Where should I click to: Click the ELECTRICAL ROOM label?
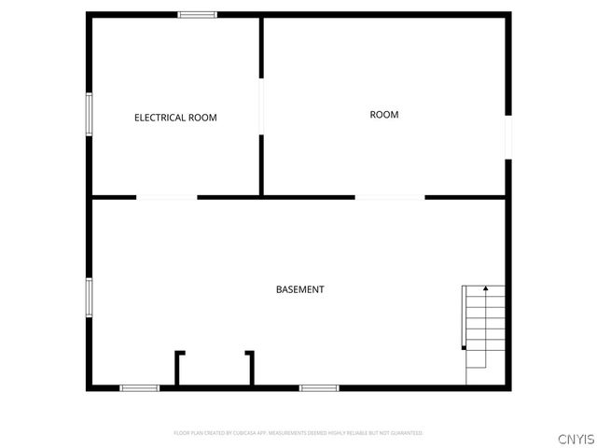175,118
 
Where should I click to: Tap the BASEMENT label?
300,289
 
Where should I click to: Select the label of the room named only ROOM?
384,115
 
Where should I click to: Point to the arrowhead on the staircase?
485,290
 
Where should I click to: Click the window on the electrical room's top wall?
198,14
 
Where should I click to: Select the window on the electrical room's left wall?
90,115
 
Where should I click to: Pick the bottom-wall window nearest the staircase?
318,387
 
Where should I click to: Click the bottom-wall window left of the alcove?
140,387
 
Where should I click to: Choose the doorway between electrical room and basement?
167,197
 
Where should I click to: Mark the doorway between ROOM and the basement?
390,197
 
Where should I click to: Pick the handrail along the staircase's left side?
464,317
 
